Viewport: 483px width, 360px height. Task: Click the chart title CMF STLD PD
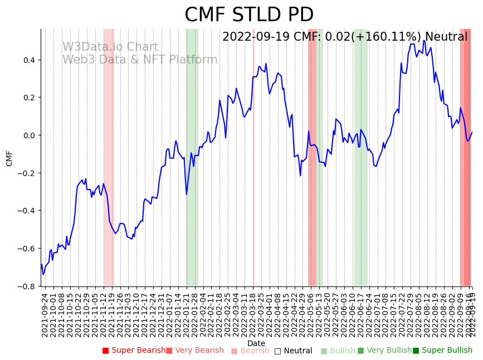point(249,15)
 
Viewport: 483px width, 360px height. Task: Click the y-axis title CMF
point(9,158)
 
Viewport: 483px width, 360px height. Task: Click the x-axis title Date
point(256,343)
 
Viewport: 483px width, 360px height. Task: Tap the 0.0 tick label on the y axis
point(28,135)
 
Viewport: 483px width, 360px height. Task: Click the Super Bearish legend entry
point(134,351)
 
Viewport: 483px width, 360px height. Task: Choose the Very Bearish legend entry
point(195,351)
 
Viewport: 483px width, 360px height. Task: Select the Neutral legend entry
point(293,351)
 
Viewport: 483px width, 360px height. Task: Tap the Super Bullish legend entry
point(442,351)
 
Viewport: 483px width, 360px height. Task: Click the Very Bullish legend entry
point(384,351)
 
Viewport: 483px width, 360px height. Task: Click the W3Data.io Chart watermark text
point(110,47)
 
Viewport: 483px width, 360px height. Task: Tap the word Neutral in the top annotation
point(446,37)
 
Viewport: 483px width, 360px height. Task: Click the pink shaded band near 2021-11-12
point(109,156)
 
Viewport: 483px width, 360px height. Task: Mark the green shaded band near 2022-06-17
point(360,156)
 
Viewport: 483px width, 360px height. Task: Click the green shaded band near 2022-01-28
point(192,156)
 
